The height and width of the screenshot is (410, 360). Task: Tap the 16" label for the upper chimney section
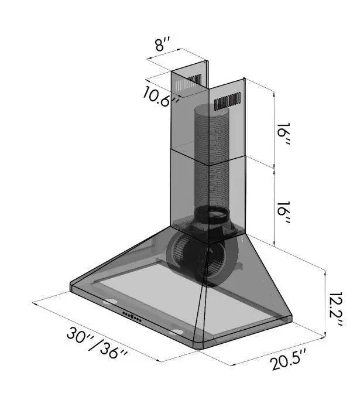tap(284, 136)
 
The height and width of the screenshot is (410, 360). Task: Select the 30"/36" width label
tap(97, 343)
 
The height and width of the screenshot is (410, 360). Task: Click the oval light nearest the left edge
tap(108, 303)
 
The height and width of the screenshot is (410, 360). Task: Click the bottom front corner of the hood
tap(201, 346)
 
